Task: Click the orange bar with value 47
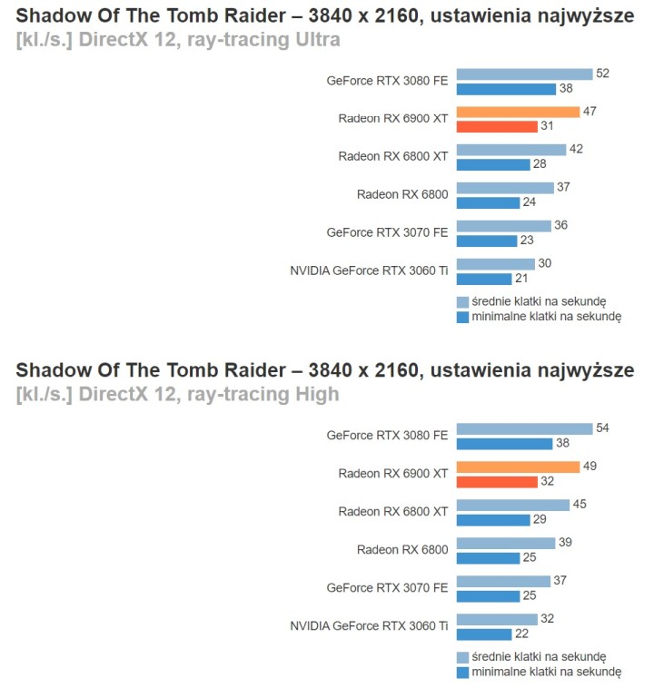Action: (518, 112)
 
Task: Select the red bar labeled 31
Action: (497, 126)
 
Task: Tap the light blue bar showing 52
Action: (524, 74)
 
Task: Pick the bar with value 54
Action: (524, 428)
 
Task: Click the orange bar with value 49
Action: (518, 467)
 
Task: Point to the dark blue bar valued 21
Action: (484, 278)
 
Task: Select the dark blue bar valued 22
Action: (485, 634)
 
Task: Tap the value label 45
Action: (581, 504)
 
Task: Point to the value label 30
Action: (570, 263)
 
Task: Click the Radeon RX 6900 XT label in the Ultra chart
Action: (392, 118)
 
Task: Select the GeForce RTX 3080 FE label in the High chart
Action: (387, 435)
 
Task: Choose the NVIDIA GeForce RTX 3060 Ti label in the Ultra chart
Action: (369, 270)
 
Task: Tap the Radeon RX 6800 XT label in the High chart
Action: (392, 511)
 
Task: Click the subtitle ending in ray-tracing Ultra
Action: (178, 40)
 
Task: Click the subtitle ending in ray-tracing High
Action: (177, 394)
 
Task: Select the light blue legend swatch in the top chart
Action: (462, 301)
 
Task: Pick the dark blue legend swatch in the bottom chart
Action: (462, 672)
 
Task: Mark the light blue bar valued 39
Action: (506, 542)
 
